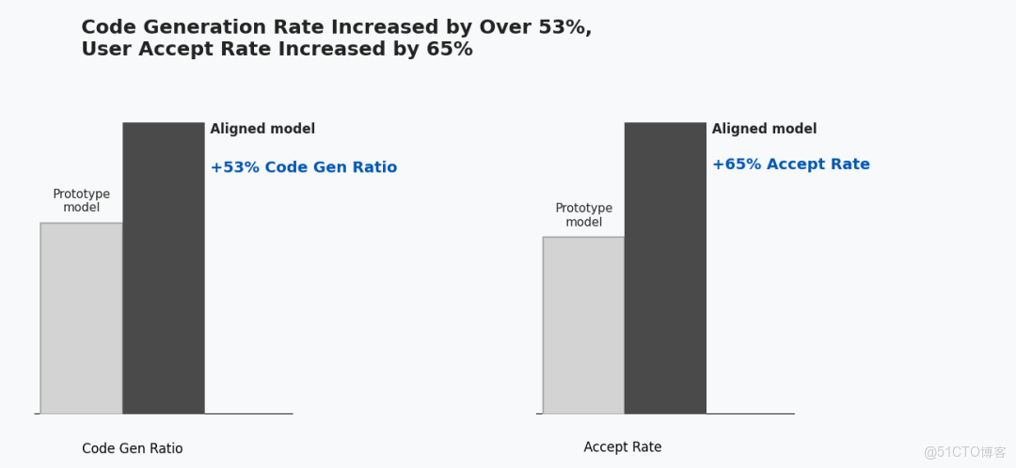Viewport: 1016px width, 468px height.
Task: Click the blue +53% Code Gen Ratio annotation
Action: coord(303,167)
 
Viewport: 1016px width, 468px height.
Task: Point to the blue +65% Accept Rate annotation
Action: coord(790,164)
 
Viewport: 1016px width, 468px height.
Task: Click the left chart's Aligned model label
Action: coord(262,129)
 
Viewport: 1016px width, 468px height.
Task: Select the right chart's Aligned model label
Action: coord(764,129)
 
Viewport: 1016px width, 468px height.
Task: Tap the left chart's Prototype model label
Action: coord(81,200)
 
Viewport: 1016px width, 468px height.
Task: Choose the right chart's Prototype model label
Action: coord(583,215)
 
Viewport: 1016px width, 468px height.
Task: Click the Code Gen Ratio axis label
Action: coord(133,448)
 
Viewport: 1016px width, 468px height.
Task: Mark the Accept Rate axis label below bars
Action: coord(622,447)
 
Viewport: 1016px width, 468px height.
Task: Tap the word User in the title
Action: coord(106,49)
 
